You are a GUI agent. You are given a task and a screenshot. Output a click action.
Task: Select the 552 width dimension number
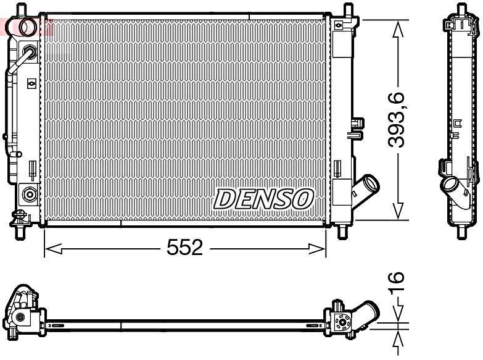(x=184, y=248)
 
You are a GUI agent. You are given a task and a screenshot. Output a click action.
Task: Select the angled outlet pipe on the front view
(x=368, y=185)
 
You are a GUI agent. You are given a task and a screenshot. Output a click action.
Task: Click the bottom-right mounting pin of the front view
(x=344, y=232)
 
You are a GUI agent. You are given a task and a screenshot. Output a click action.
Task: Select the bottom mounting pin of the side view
(x=460, y=232)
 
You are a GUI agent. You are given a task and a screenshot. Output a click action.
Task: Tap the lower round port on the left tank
(x=28, y=195)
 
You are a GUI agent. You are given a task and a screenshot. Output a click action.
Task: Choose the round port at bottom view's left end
(x=20, y=317)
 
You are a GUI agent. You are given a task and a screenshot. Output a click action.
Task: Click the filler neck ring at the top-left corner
(x=28, y=26)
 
